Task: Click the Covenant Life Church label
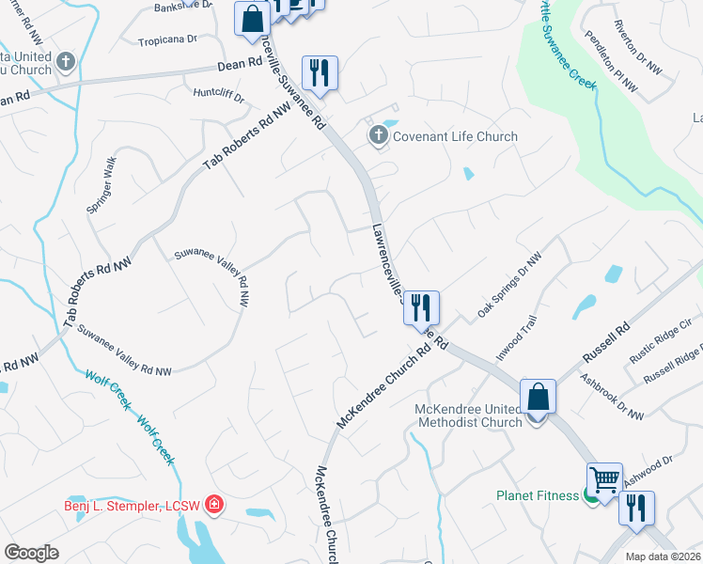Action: coord(455,136)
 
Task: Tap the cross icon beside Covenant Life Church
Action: coord(378,136)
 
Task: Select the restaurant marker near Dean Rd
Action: coord(320,73)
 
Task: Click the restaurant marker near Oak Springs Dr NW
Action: coord(421,306)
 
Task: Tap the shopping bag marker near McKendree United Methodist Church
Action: coord(538,397)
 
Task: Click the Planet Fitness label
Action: coord(538,495)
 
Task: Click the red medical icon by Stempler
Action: coord(214,505)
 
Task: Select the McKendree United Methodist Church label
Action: coord(469,415)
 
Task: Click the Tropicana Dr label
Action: coord(167,40)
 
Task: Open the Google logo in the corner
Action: coord(31,553)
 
